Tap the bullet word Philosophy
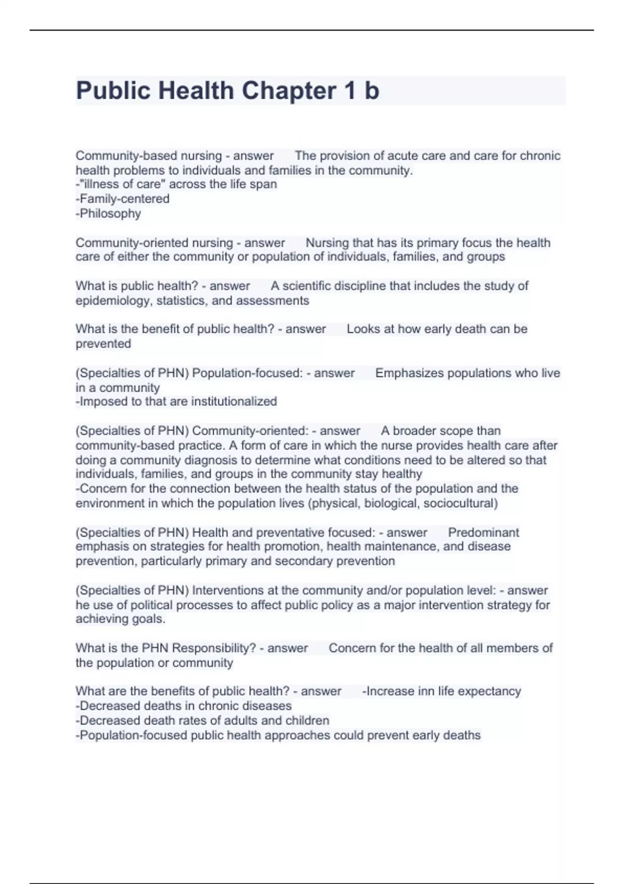tap(110, 214)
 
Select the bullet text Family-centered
tap(124, 199)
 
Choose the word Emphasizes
tap(407, 373)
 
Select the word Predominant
tap(484, 532)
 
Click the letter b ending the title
tap(372, 90)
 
